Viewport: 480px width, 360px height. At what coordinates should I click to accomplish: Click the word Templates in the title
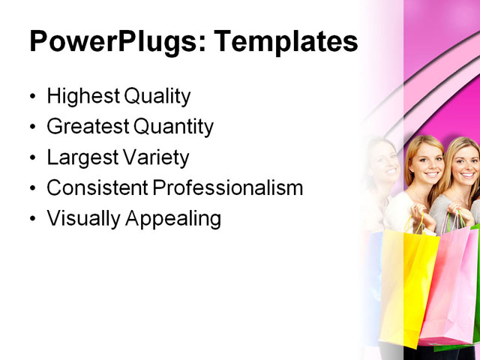(x=286, y=42)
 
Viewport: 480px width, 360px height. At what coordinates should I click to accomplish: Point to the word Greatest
(x=85, y=127)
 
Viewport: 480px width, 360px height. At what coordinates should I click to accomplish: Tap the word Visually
(x=78, y=219)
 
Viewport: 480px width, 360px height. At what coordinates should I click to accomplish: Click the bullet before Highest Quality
(x=31, y=97)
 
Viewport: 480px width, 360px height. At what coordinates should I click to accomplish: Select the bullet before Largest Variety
(x=31, y=159)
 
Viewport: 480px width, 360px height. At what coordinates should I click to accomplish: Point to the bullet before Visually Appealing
(x=31, y=220)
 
